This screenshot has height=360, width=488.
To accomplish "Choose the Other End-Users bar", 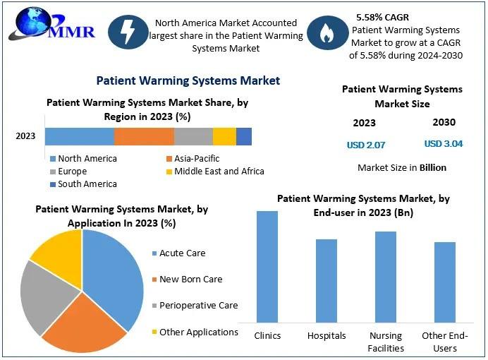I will click(445, 282).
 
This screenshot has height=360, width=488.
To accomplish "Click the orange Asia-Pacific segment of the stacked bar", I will click(144, 137).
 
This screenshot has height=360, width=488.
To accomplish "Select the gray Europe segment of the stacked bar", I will click(193, 137).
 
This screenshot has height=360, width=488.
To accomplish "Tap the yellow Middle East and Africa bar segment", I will click(224, 137).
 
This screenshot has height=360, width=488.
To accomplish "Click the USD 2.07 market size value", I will click(366, 145).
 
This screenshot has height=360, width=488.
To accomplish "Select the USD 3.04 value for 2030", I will click(444, 143).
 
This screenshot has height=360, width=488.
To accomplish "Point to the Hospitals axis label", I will click(327, 335).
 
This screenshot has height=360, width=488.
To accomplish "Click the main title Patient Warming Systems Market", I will click(188, 80).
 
